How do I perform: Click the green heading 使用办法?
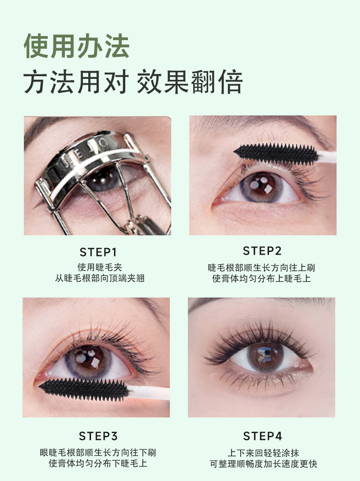point(76,46)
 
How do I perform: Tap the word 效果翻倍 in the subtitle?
point(190,82)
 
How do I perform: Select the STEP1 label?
point(98,252)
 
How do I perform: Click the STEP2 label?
point(262,251)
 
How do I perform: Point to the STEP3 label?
point(98,436)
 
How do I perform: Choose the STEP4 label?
point(263,436)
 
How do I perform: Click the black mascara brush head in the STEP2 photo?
point(276,154)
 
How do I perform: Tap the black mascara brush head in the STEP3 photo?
point(83,389)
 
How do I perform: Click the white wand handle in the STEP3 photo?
point(148,393)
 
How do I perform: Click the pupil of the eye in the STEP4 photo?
point(264,356)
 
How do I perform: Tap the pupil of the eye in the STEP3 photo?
point(88,360)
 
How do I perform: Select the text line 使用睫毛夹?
point(100,267)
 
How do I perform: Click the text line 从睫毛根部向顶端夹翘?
point(100,278)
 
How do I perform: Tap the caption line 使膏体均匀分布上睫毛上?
point(262,278)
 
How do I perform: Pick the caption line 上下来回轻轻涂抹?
point(263,453)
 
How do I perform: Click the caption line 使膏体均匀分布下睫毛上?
point(98,463)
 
